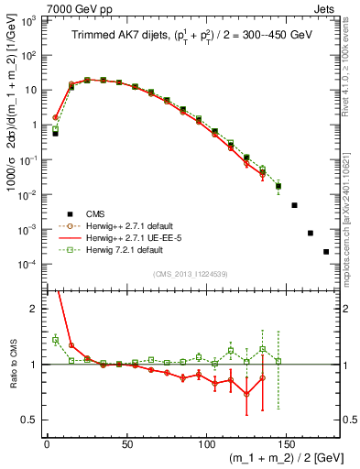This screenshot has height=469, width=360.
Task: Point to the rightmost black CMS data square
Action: [326, 251]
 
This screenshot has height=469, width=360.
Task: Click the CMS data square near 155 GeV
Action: [295, 205]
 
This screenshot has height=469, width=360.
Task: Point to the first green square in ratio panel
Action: [55, 340]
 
